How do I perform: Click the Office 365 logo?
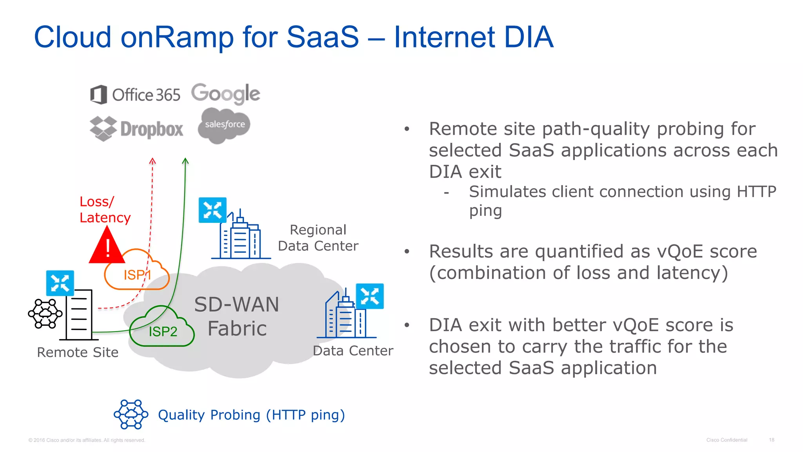pos(135,95)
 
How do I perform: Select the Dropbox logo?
pos(136,129)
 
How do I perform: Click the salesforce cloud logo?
pos(224,125)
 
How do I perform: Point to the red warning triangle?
pos(106,247)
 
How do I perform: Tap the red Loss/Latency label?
pos(104,210)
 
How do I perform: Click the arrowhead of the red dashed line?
pos(153,161)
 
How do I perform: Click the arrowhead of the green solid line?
pos(185,160)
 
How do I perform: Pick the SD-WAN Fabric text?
pos(237,316)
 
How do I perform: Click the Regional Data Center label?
pos(318,238)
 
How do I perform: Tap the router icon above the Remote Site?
pos(60,282)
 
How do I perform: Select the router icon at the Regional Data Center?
pos(213,210)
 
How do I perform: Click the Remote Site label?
pos(78,352)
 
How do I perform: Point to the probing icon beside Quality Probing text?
pos(131,414)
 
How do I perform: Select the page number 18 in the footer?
pos(771,440)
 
